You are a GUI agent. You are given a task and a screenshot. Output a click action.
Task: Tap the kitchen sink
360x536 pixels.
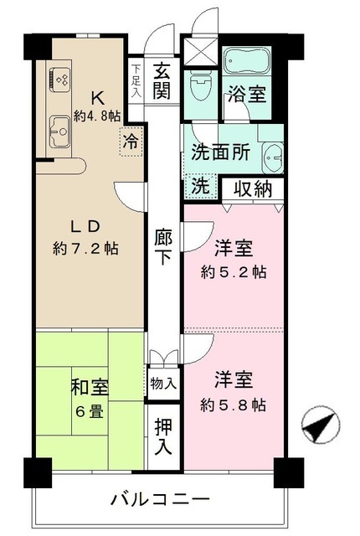point(59,130)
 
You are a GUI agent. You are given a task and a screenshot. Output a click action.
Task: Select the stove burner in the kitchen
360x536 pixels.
point(60,79)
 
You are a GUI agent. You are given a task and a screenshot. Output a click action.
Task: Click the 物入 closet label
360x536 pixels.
point(164,384)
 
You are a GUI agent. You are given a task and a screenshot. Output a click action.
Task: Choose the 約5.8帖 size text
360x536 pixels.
point(234,405)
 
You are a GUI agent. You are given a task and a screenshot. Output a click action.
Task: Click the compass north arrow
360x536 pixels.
point(320,427)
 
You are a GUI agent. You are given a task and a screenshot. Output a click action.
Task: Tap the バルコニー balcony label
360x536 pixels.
point(159,500)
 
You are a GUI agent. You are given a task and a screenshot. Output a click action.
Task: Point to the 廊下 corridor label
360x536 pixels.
point(164,246)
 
